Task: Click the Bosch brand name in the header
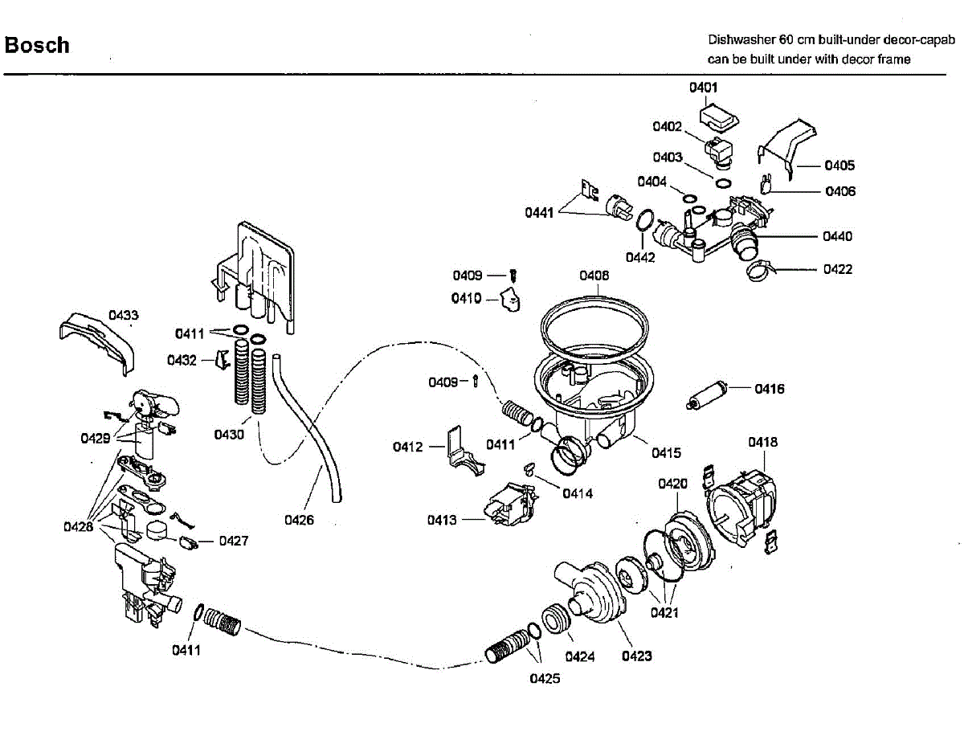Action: point(37,45)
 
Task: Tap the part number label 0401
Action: point(703,88)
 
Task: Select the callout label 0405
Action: point(839,166)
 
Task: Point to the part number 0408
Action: point(594,276)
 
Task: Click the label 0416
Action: point(770,389)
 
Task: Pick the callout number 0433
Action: point(124,316)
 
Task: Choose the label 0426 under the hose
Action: point(299,520)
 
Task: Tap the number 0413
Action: point(442,520)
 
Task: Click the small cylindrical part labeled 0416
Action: point(708,394)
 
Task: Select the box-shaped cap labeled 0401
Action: point(719,117)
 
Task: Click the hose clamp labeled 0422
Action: point(762,270)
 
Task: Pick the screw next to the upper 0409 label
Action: point(513,276)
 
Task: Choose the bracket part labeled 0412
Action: point(464,452)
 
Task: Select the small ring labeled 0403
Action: point(723,183)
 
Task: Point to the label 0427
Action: point(234,541)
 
